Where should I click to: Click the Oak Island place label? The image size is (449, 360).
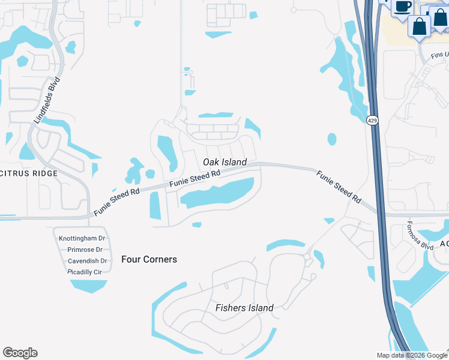(224, 162)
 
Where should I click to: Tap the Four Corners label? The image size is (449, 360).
(149, 259)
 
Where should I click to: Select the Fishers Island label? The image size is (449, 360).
(244, 308)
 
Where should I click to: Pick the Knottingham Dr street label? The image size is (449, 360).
(82, 238)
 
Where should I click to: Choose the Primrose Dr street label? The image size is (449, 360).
(85, 250)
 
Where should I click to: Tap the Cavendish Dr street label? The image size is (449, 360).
(87, 261)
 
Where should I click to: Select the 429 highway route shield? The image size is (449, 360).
(372, 121)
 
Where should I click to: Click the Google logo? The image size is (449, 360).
(20, 353)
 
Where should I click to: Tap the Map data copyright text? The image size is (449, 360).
(412, 355)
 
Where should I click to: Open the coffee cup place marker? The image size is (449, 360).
(402, 7)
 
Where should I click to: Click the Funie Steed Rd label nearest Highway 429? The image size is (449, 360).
(339, 187)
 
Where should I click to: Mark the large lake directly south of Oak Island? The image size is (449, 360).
(216, 193)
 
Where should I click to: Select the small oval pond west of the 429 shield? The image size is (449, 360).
(332, 139)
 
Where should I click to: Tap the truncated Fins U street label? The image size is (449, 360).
(439, 55)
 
